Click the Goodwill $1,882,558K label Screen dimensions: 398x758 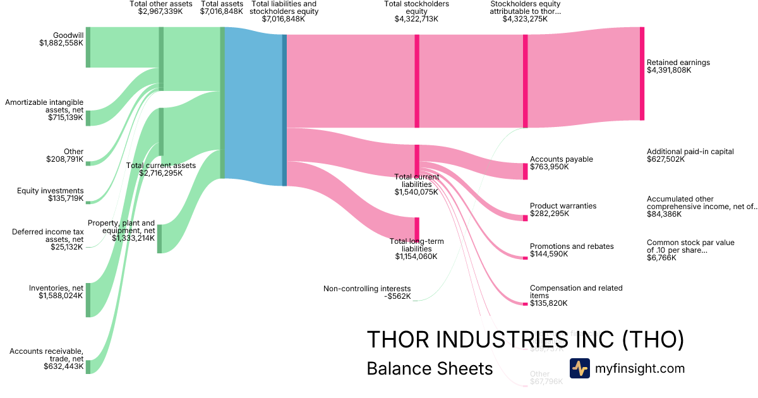pyautogui.click(x=61, y=39)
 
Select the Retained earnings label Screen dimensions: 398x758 pyautogui.click(x=678, y=66)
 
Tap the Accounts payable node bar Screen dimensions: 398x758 pyautogui.click(x=525, y=171)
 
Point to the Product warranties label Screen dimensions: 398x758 pyautogui.click(x=562, y=210)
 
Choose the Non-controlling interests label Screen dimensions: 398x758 pyautogui.click(x=367, y=292)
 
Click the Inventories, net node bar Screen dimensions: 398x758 pyautogui.click(x=88, y=299)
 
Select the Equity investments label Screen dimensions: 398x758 pyautogui.click(x=51, y=195)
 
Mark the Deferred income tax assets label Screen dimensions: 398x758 pyautogui.click(x=48, y=239)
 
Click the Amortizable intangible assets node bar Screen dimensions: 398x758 pyautogui.click(x=88, y=118)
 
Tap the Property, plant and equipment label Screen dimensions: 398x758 pyautogui.click(x=121, y=231)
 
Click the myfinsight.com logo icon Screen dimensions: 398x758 pyautogui.click(x=579, y=368)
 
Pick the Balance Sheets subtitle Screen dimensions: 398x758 pyautogui.click(x=430, y=369)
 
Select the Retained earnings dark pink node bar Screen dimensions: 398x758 pyautogui.click(x=642, y=73)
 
